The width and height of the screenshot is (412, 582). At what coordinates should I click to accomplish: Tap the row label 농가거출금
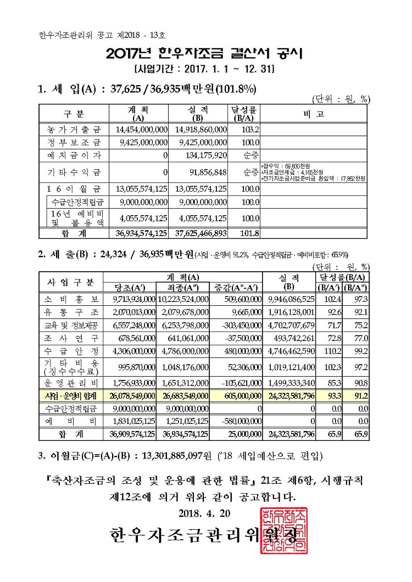point(74,130)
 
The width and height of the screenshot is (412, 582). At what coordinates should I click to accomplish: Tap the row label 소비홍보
point(71,299)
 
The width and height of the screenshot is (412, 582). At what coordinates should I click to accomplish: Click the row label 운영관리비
point(71,383)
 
